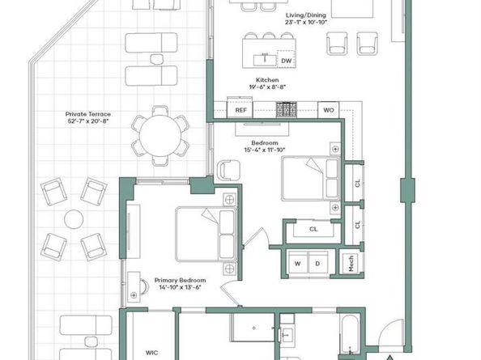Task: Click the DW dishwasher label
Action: pos(286,61)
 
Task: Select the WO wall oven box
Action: pos(329,110)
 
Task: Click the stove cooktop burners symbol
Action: pos(287,109)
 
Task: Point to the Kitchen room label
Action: pos(267,80)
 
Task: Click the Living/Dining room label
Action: pos(306,15)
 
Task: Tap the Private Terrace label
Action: pos(88,114)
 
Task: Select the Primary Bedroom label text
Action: pos(180,280)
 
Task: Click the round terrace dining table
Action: pos(160,135)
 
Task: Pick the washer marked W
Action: pos(297,263)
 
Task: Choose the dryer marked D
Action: pos(317,263)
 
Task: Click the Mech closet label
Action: pos(351,264)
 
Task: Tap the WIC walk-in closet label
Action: pos(152,353)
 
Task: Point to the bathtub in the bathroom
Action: pos(349,335)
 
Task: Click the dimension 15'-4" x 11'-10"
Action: pos(265,150)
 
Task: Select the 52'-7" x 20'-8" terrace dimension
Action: pos(88,121)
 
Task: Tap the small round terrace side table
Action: pos(74,219)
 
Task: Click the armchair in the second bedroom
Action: pos(228,170)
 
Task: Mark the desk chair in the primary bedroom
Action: pos(144,286)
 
